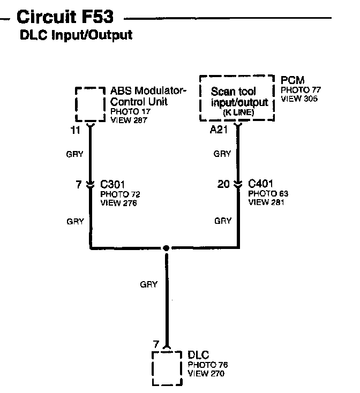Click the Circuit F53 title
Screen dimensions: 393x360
pos(65,18)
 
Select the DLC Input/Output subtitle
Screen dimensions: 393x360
pos(76,36)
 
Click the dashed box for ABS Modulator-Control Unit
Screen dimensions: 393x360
pos(90,104)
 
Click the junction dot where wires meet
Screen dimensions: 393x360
pos(167,248)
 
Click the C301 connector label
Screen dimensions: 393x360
pos(112,184)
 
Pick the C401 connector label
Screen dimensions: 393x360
pos(260,184)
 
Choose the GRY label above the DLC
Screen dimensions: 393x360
pos(149,285)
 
